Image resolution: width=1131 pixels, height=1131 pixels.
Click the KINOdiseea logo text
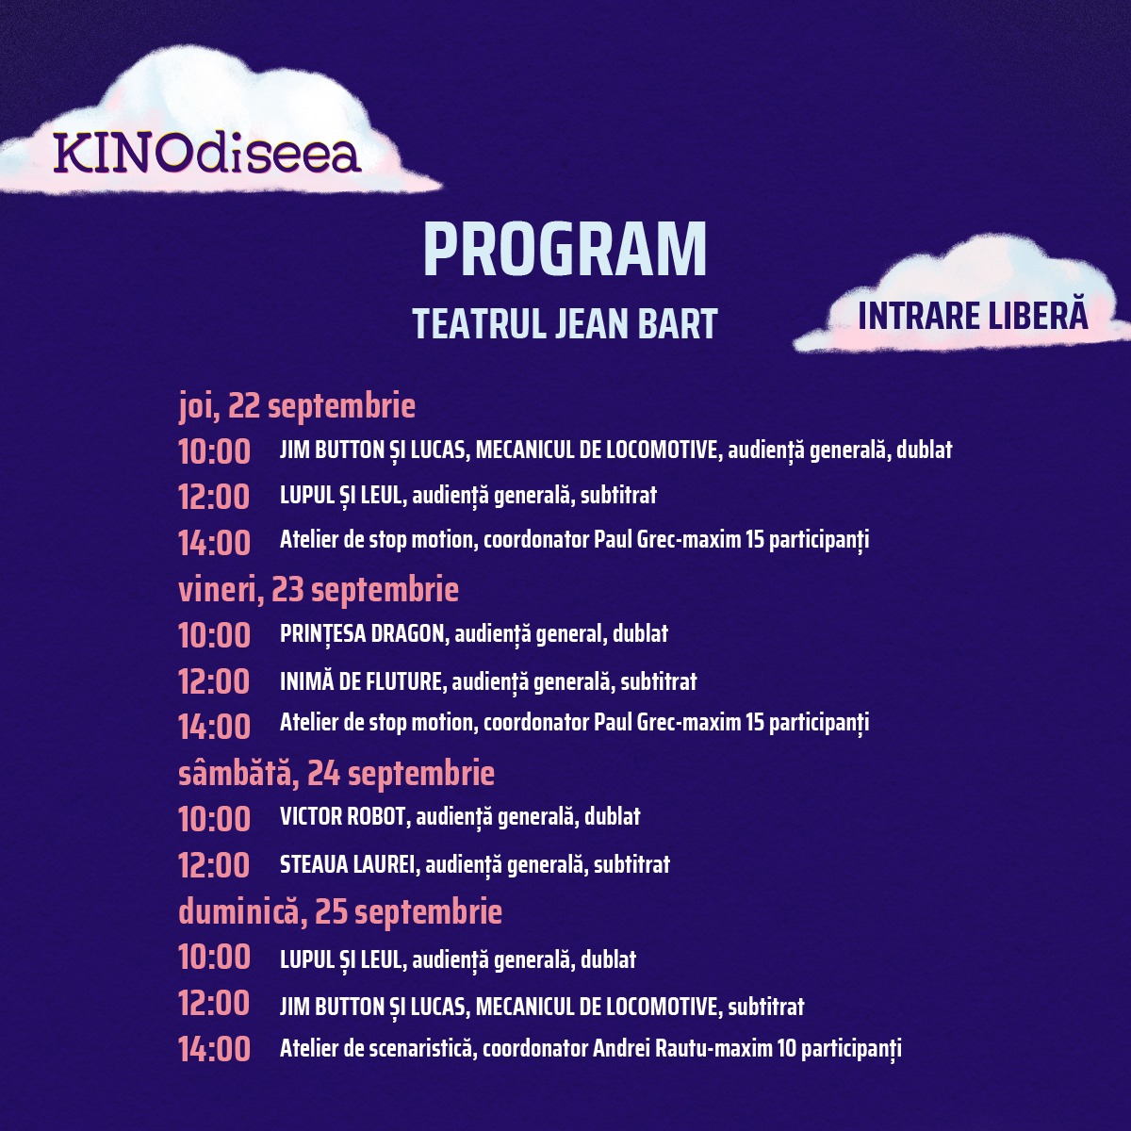pos(206,153)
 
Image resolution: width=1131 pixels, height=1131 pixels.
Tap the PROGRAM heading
pos(565,250)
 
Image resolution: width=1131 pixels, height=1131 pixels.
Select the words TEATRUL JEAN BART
pos(565,323)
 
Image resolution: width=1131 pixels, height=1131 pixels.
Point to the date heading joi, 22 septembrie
pos(297,405)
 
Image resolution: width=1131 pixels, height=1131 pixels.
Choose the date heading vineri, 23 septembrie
pos(319,589)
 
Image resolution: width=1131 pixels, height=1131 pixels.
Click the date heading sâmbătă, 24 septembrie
pos(336,773)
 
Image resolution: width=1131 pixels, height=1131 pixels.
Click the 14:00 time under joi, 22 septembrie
pos(214,542)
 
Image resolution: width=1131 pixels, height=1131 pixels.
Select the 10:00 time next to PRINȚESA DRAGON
pos(214,635)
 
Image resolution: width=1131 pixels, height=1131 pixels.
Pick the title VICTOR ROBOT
pos(343,816)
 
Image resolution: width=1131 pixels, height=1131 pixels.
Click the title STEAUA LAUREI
pos(348,864)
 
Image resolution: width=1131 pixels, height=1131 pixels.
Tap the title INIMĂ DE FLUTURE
pos(361,681)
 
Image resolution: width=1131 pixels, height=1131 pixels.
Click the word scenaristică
pos(420,1048)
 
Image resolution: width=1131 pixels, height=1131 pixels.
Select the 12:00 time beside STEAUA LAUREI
pos(214,866)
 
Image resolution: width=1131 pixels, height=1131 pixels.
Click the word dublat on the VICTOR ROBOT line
pos(613,816)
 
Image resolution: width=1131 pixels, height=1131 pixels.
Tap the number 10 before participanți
pos(786,1048)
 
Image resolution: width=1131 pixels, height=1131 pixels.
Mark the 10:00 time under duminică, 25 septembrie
pos(214,958)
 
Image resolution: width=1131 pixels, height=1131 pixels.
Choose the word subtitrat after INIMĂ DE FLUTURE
pos(659,681)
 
